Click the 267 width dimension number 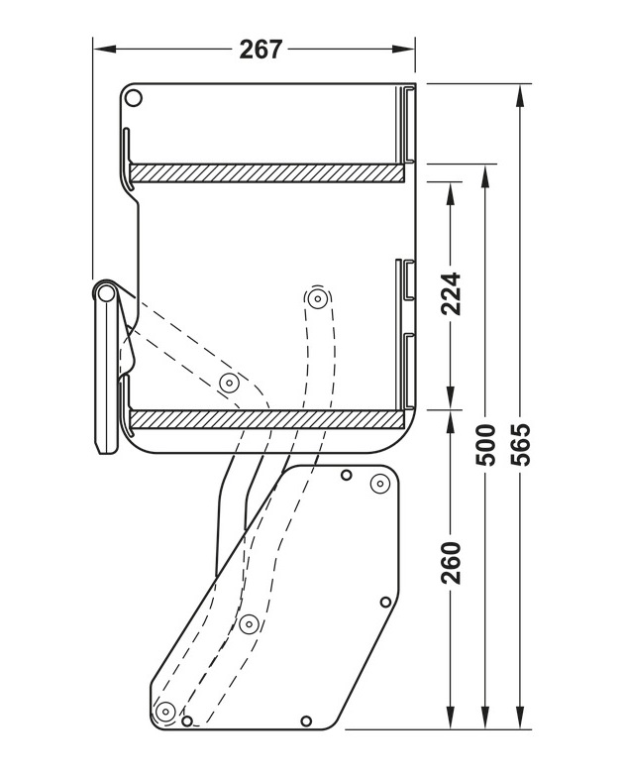pyautogui.click(x=261, y=49)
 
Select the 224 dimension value pyautogui.click(x=451, y=293)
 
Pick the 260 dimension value pyautogui.click(x=451, y=563)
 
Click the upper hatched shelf pyautogui.click(x=267, y=173)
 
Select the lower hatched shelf pyautogui.click(x=267, y=419)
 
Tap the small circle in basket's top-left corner pyautogui.click(x=136, y=97)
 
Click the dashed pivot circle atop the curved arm pyautogui.click(x=317, y=298)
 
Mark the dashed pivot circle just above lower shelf pyautogui.click(x=229, y=383)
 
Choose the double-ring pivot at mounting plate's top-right pyautogui.click(x=379, y=484)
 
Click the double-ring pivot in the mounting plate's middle pyautogui.click(x=249, y=623)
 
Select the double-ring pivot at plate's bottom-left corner pyautogui.click(x=165, y=711)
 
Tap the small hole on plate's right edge pyautogui.click(x=386, y=602)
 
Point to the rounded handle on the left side pyautogui.click(x=105, y=367)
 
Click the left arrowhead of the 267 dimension pyautogui.click(x=100, y=49)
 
